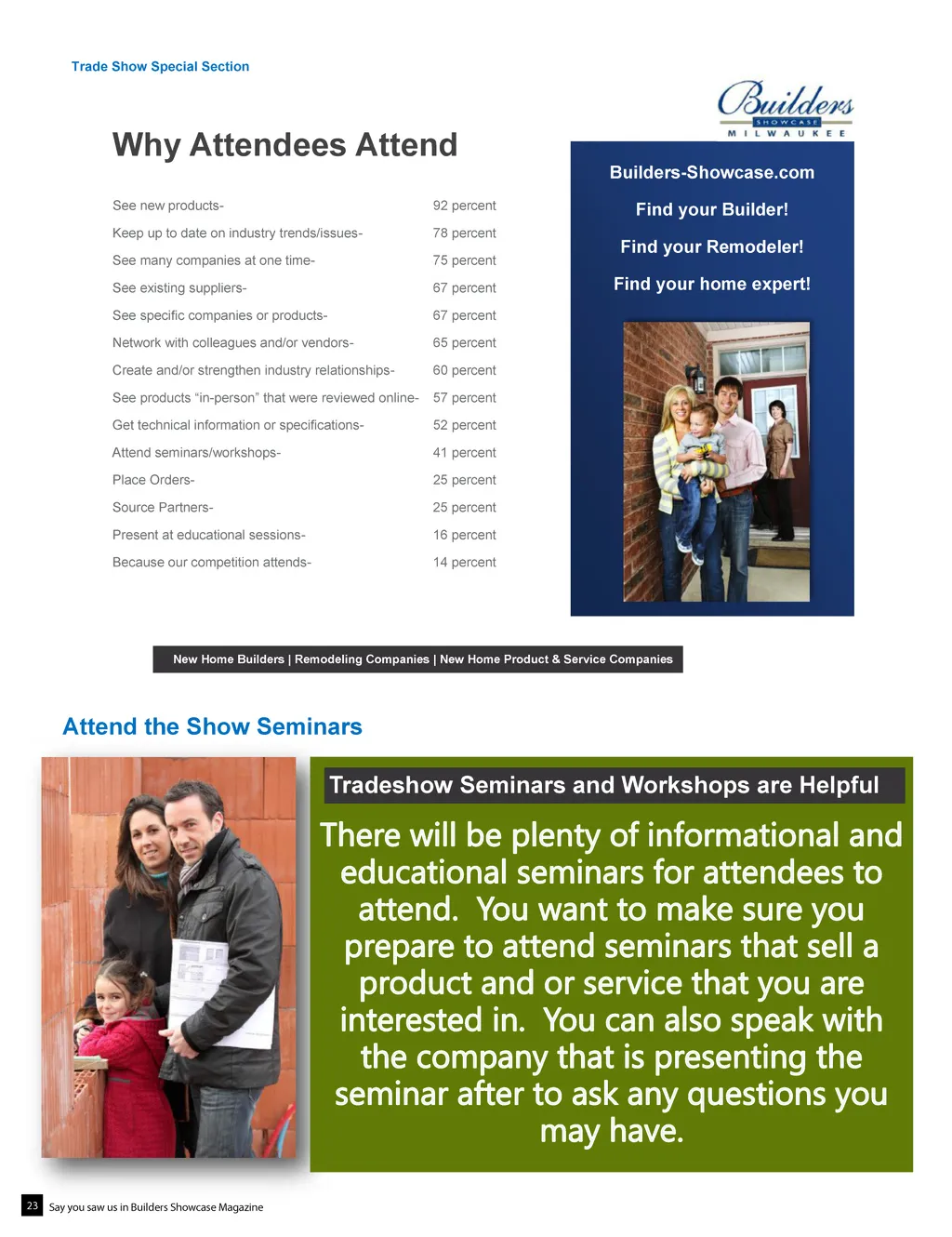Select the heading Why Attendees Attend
coord(284,145)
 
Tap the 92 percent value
coord(464,206)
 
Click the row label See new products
coord(167,206)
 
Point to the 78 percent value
coord(464,233)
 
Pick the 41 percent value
coord(464,453)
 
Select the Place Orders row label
coord(153,480)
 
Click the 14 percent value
coord(464,563)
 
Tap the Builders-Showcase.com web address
coord(711,173)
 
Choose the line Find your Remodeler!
coord(711,247)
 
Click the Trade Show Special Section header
coord(160,67)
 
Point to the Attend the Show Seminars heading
coord(212,726)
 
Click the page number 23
coord(32,1205)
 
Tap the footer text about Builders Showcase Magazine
coord(156,1207)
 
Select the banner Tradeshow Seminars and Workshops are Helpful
coord(604,785)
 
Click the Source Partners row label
coord(163,508)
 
